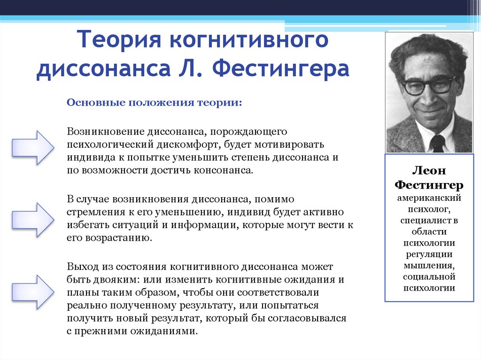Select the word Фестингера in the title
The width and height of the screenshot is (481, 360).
(x=280, y=68)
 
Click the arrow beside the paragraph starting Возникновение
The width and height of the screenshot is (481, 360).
(x=33, y=147)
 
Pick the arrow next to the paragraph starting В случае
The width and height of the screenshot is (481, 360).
(x=33, y=220)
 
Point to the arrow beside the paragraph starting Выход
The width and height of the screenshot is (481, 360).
(x=33, y=292)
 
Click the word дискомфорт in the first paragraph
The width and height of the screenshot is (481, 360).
(x=188, y=145)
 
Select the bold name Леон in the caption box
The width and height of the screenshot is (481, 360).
(x=429, y=170)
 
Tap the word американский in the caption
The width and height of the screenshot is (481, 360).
(x=429, y=198)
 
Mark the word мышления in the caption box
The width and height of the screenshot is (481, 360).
(x=429, y=266)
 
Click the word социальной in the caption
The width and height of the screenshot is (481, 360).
(x=429, y=276)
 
